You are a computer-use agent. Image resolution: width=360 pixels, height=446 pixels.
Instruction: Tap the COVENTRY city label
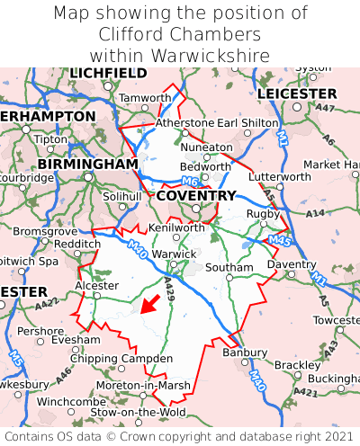click(x=196, y=195)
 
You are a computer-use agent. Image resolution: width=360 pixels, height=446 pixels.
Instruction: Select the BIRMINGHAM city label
click(x=87, y=165)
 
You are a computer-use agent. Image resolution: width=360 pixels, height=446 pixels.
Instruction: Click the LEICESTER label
click(x=296, y=94)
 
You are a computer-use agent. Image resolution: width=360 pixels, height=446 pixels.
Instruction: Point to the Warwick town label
click(x=173, y=254)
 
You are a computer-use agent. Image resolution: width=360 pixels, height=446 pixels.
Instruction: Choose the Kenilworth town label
click(x=176, y=227)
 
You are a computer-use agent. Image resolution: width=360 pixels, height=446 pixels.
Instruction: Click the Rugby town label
click(x=263, y=213)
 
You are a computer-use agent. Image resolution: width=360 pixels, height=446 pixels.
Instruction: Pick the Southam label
click(x=229, y=267)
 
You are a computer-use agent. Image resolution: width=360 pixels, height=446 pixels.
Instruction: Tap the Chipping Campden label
click(x=121, y=359)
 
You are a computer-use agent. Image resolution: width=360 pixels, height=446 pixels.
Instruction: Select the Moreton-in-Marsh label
click(x=142, y=385)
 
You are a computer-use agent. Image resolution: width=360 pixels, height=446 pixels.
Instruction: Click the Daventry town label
click(x=292, y=264)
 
